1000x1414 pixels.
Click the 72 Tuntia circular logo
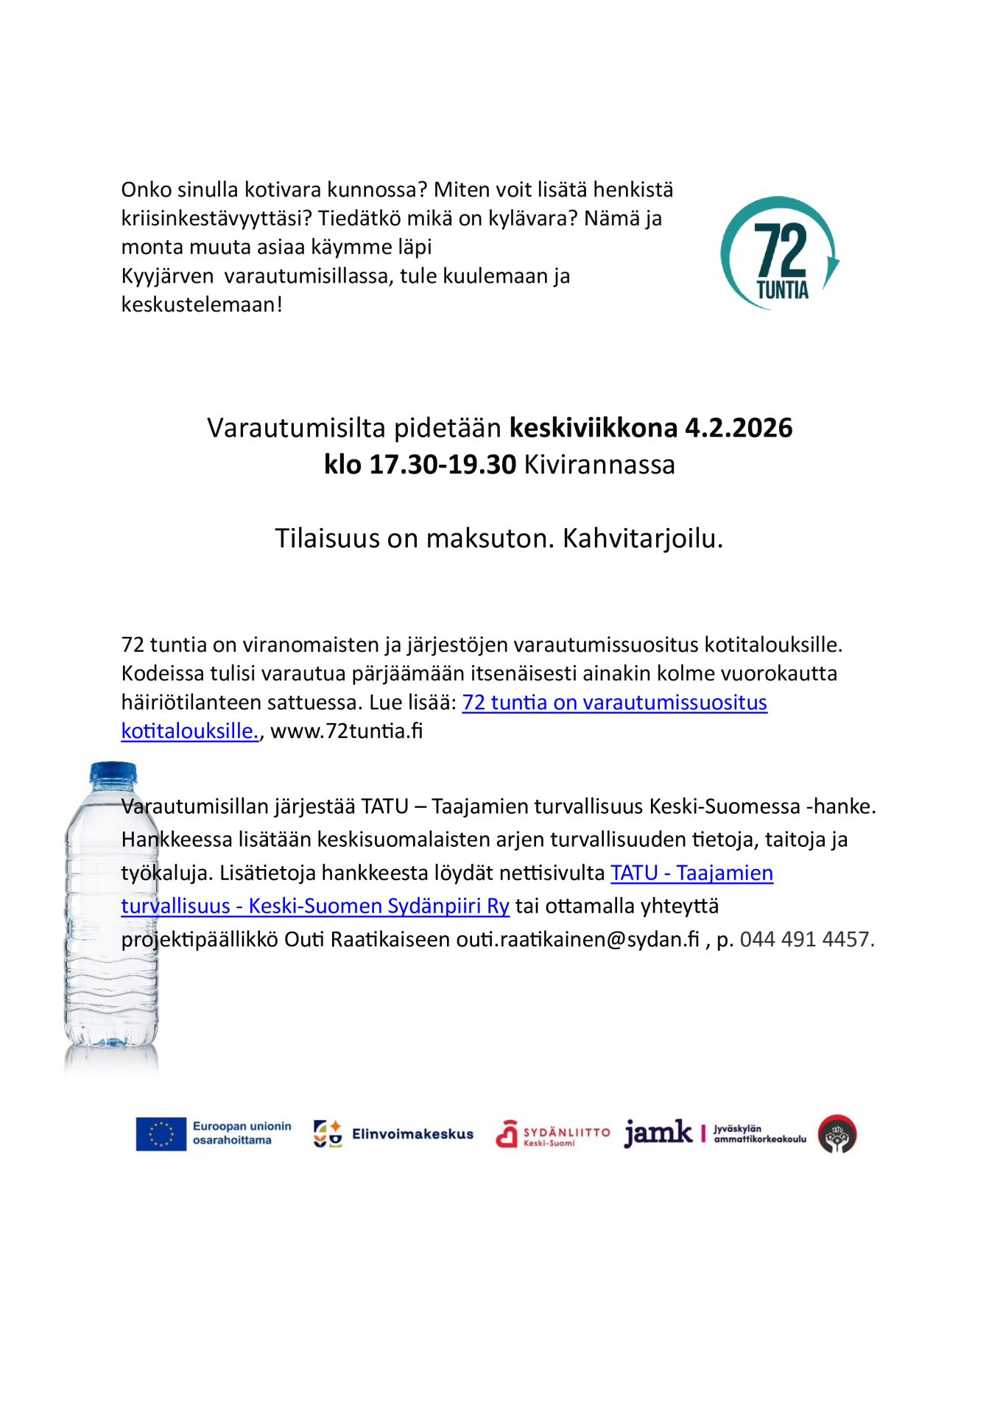tap(779, 253)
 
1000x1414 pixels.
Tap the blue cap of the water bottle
tap(113, 773)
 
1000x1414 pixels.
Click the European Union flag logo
tap(161, 1133)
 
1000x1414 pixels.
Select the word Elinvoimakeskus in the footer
tap(412, 1134)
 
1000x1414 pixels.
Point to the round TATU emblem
tap(837, 1134)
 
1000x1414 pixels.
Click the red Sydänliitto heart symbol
tap(507, 1134)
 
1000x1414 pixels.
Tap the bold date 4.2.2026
tap(739, 428)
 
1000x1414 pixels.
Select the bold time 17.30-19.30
tap(442, 465)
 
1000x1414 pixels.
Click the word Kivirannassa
tap(599, 465)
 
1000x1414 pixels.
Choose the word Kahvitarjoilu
tap(643, 538)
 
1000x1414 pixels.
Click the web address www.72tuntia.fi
tap(347, 731)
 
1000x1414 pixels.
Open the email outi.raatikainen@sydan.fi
tap(577, 940)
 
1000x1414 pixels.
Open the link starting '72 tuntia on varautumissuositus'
tap(614, 703)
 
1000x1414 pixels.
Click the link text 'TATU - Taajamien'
tap(691, 873)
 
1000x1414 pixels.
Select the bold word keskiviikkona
tap(594, 428)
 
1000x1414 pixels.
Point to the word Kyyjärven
tap(167, 276)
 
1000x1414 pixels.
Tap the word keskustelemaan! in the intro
tap(202, 305)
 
